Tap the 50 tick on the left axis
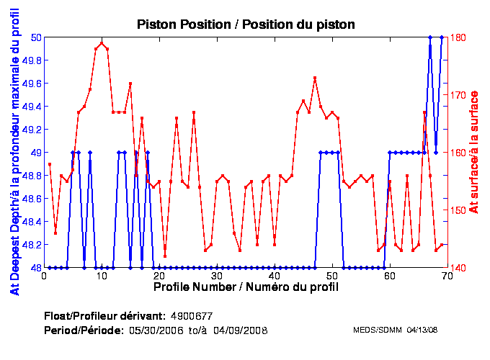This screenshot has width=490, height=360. click(35, 37)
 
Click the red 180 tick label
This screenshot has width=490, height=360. click(458, 37)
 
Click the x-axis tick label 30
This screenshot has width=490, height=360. click(216, 276)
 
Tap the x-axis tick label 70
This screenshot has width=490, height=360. click(447, 276)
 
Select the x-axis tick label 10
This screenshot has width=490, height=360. click(102, 276)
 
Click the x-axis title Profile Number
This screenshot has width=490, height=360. click(246, 287)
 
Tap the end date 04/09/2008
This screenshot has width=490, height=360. click(238, 330)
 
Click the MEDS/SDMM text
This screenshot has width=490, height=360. click(378, 330)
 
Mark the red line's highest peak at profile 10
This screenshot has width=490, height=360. click(102, 43)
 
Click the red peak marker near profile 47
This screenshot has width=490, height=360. click(315, 78)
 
